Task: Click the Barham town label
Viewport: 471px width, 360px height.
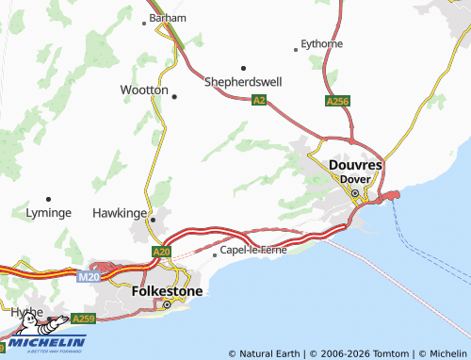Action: pos(168,17)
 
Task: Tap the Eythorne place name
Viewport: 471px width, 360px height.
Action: pos(321,43)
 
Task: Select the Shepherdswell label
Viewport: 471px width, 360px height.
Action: pos(243,81)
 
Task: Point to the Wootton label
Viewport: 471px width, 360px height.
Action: pos(144,90)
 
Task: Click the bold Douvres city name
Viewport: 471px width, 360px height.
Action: pos(356,165)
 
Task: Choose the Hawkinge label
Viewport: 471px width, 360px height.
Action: pos(120,213)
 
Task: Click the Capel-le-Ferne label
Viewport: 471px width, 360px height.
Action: pos(253,251)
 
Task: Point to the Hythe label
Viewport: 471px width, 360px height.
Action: pos(26,312)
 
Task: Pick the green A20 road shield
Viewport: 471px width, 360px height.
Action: pos(161,252)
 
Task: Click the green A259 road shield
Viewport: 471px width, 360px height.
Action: pos(83,319)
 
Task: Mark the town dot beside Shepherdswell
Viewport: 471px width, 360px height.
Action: pos(243,68)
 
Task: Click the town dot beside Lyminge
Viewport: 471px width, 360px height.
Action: pos(49,199)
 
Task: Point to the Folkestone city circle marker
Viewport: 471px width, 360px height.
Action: pos(167,304)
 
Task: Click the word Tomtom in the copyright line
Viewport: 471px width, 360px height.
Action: pos(387,353)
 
